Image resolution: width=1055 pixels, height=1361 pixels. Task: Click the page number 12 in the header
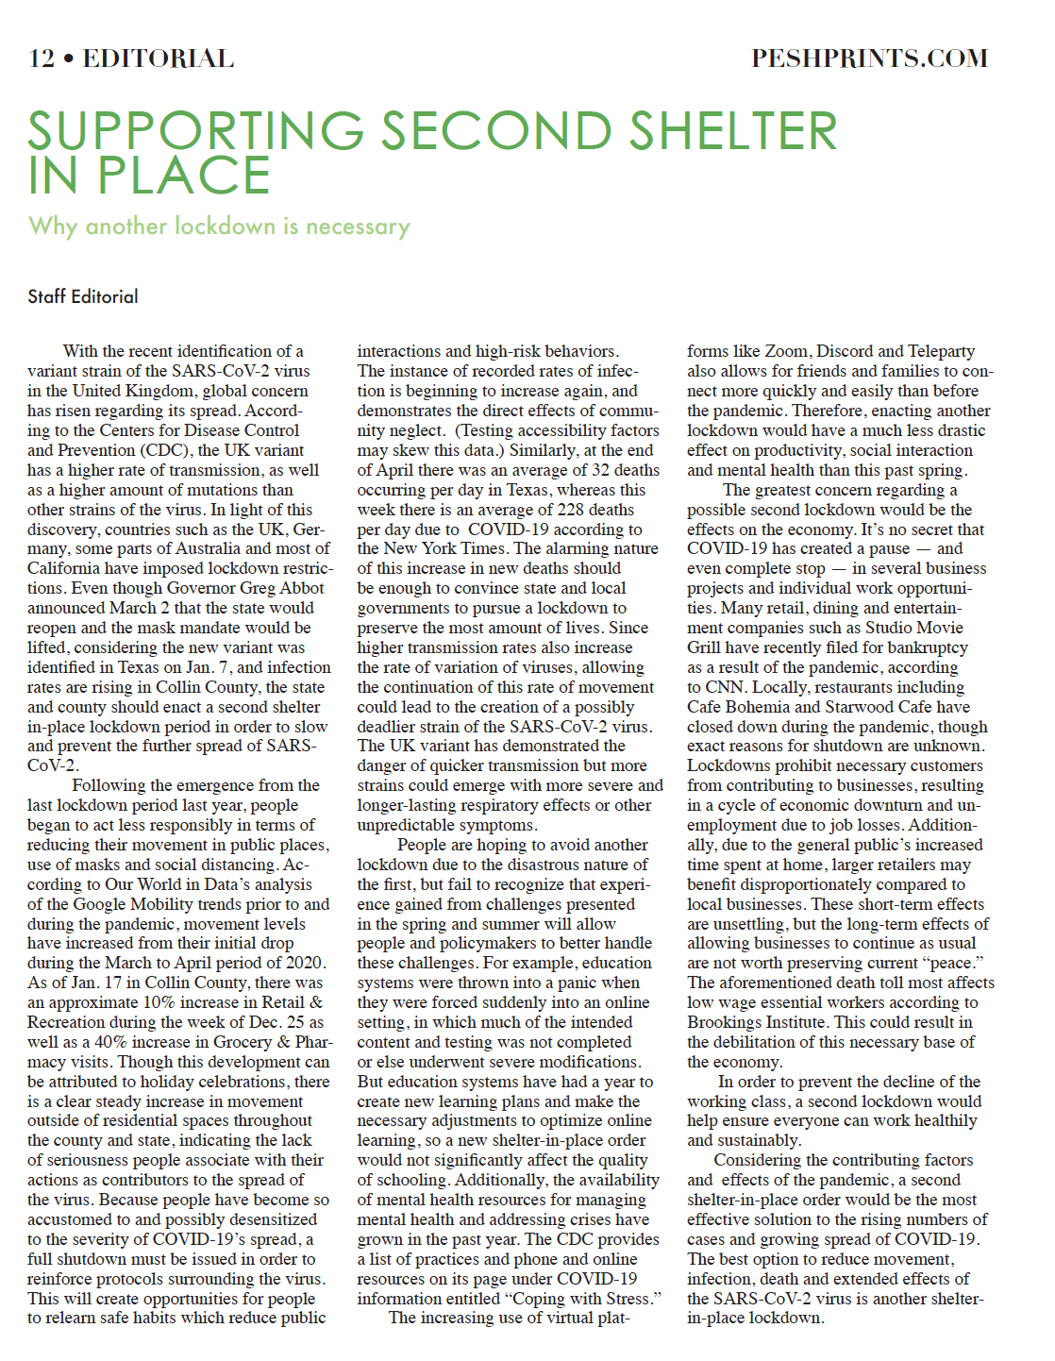[x=42, y=59]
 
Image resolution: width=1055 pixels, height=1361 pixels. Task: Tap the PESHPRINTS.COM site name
[x=869, y=59]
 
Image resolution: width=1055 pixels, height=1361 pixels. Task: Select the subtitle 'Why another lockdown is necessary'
[x=219, y=227]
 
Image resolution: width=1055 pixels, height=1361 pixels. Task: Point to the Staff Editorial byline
[x=83, y=296]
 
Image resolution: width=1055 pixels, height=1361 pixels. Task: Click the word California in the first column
[x=65, y=568]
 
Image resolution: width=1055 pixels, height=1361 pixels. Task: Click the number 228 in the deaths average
[x=570, y=510]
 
